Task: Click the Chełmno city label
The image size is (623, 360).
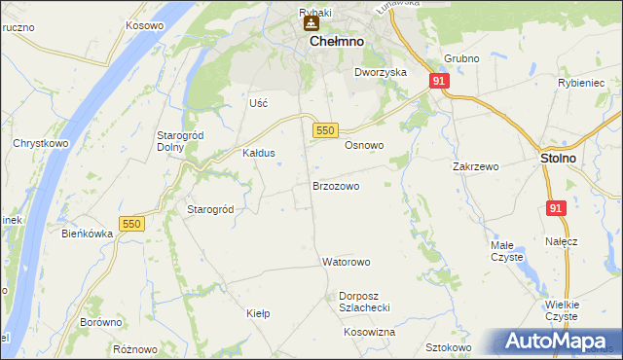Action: [336, 43]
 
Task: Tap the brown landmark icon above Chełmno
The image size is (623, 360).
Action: [311, 23]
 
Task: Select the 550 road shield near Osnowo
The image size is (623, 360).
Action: [325, 129]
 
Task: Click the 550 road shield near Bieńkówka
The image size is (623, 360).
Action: [131, 224]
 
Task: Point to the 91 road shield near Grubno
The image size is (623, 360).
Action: [439, 82]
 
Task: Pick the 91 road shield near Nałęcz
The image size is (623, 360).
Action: [556, 208]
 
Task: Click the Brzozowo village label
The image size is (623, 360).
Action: [336, 185]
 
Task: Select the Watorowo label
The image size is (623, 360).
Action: [346, 263]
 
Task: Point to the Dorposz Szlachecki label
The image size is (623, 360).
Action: [364, 302]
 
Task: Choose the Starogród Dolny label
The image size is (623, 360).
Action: [178, 141]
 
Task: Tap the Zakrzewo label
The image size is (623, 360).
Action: [475, 166]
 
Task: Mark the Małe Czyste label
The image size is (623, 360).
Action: [506, 251]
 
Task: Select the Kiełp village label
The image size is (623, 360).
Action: [258, 313]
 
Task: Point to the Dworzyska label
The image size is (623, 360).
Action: [380, 72]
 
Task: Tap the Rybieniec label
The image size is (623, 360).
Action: [582, 84]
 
